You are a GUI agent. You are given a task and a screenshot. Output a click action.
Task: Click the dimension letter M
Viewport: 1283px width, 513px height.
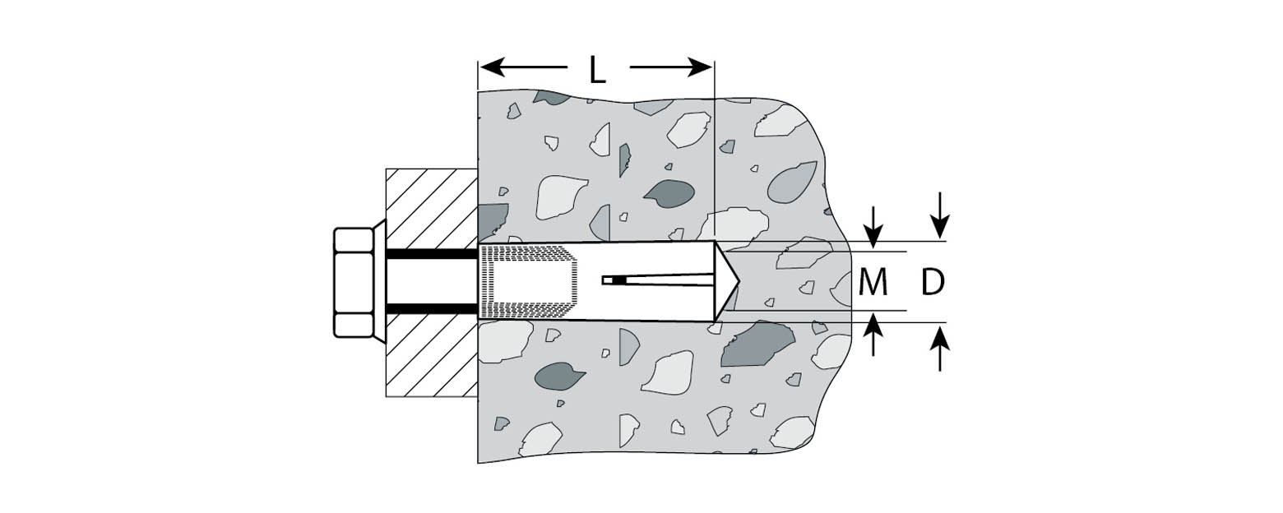pyautogui.click(x=873, y=282)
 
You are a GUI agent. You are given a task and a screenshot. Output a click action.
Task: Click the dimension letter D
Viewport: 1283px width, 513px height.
pyautogui.click(x=933, y=282)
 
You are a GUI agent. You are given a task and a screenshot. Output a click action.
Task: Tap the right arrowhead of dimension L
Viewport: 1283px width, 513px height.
pyautogui.click(x=699, y=67)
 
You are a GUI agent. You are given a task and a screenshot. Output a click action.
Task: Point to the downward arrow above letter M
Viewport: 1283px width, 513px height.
pyautogui.click(x=873, y=227)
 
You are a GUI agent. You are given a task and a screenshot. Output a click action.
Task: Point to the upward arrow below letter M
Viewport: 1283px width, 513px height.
pyautogui.click(x=873, y=335)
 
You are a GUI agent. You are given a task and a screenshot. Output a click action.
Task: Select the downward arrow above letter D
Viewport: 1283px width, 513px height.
pyautogui.click(x=940, y=215)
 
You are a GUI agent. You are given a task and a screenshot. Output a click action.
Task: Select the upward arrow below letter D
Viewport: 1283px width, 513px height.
pyautogui.click(x=940, y=348)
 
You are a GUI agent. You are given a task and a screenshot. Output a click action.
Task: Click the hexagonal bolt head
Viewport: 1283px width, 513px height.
pyautogui.click(x=354, y=282)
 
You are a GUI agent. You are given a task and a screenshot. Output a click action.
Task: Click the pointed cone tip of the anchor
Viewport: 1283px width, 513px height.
pyautogui.click(x=728, y=281)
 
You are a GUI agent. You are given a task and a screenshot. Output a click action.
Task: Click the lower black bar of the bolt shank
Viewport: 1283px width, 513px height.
pyautogui.click(x=433, y=309)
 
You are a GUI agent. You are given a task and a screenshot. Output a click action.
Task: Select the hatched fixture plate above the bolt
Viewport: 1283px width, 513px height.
pyautogui.click(x=432, y=209)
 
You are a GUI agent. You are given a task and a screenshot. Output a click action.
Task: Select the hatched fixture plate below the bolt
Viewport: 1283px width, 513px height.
pyautogui.click(x=432, y=356)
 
